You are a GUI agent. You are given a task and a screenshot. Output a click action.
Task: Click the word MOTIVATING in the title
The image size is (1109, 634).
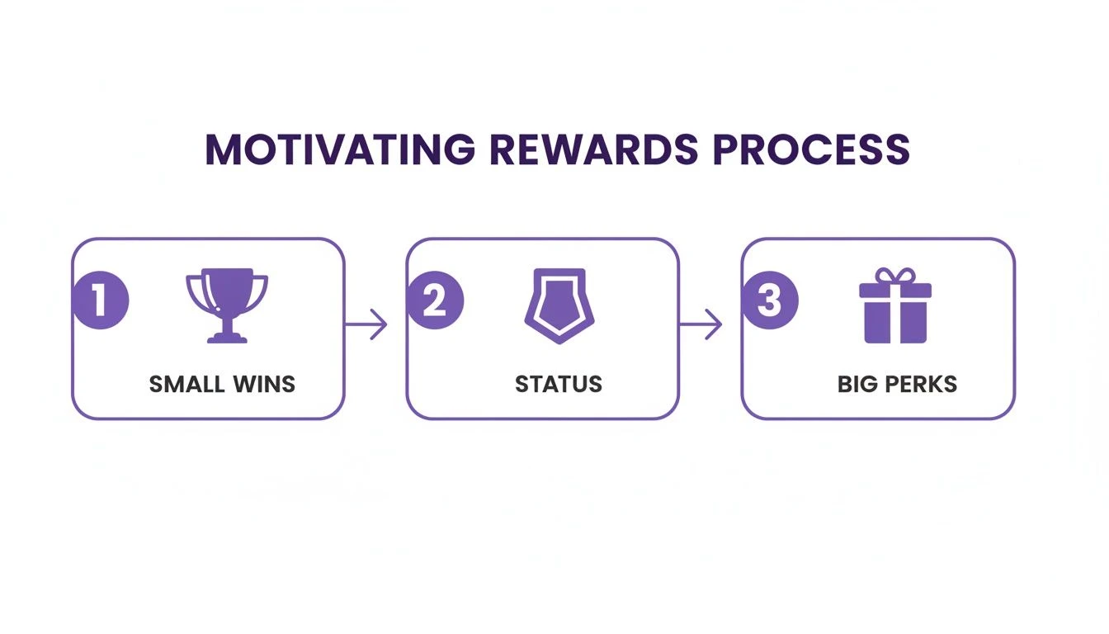pyautogui.click(x=339, y=150)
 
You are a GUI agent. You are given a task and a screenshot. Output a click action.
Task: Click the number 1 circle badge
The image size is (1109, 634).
pyautogui.click(x=101, y=301)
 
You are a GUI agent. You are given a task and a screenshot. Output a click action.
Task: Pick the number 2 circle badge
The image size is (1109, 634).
pyautogui.click(x=435, y=301)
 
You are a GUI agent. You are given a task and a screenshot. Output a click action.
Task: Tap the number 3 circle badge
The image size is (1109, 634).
pyautogui.click(x=770, y=301)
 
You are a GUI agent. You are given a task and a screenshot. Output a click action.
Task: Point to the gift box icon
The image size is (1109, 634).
pyautogui.click(x=895, y=306)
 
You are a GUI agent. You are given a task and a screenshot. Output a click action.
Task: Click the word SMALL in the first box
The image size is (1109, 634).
pyautogui.click(x=186, y=384)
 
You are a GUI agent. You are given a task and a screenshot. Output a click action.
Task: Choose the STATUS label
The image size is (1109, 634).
pyautogui.click(x=559, y=384)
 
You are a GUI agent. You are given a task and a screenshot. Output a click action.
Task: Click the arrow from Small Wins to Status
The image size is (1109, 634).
pyautogui.click(x=366, y=324)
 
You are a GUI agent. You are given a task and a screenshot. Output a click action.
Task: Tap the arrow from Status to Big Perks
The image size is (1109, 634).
pyautogui.click(x=701, y=324)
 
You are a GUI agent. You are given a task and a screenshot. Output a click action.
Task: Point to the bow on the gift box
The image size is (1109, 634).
pyautogui.click(x=895, y=275)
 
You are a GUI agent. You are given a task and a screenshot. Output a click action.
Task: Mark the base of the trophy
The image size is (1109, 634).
pyautogui.click(x=227, y=336)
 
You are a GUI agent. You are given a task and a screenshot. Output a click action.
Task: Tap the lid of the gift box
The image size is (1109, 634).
pyautogui.click(x=895, y=290)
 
